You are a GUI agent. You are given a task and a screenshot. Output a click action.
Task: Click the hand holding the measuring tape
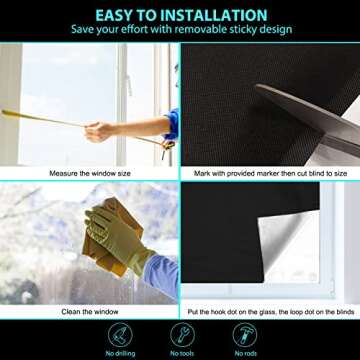tap(98, 130)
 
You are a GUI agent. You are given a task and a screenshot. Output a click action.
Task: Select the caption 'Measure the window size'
tap(90, 173)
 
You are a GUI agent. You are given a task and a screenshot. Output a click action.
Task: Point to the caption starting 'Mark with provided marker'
tap(270, 173)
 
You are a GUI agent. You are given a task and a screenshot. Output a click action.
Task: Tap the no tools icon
tap(180, 333)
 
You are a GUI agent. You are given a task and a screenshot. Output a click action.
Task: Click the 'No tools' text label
tap(180, 353)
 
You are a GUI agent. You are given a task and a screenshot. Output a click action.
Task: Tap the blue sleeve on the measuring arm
tap(172, 125)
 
